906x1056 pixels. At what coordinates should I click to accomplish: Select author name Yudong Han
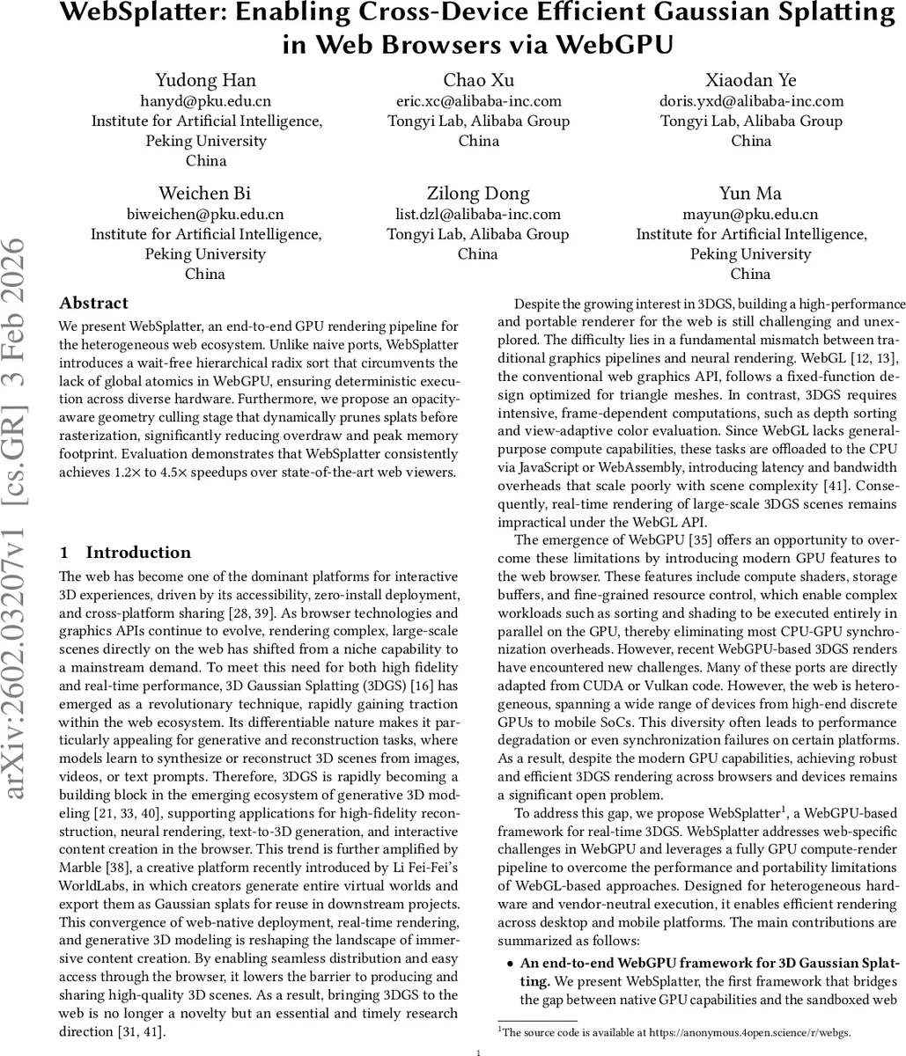click(206, 81)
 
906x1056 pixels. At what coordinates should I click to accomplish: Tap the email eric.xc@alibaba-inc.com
click(478, 101)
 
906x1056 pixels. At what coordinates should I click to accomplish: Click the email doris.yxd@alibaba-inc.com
click(751, 101)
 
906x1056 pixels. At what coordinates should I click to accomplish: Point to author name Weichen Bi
click(206, 194)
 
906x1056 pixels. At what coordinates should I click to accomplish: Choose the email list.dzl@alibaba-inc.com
click(478, 214)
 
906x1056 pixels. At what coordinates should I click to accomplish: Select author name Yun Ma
click(751, 194)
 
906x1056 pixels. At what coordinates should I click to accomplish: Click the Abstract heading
click(93, 304)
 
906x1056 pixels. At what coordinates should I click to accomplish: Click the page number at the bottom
click(478, 1051)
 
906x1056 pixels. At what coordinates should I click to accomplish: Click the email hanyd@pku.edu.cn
click(206, 101)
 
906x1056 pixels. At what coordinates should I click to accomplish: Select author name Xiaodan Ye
click(751, 81)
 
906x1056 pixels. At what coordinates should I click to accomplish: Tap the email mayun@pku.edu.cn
click(751, 214)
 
